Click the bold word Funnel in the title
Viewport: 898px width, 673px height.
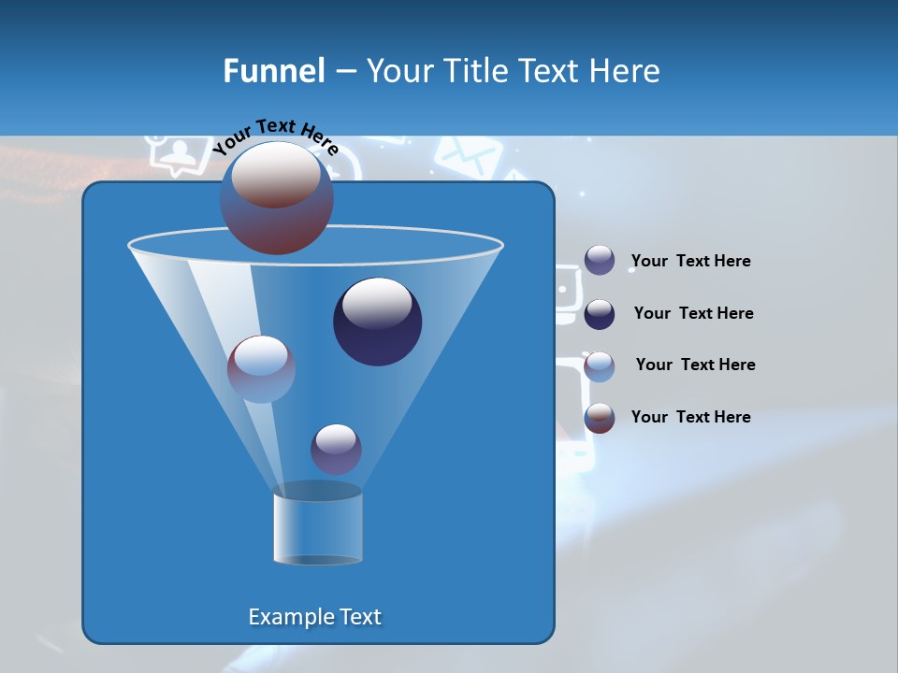coord(273,71)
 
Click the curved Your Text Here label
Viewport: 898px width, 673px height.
coord(275,136)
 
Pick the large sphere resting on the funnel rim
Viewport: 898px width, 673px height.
coord(277,198)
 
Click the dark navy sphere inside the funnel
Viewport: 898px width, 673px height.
coord(378,322)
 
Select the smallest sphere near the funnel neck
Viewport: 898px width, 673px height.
coord(336,449)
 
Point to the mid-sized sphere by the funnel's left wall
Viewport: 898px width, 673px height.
coord(261,369)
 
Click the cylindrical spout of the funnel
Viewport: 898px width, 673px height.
coord(318,528)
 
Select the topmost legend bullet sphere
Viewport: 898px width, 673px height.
coord(600,261)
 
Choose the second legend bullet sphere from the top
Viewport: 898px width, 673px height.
coord(600,314)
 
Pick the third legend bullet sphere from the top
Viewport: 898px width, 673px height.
coord(600,366)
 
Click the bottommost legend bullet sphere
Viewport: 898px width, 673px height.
coord(600,418)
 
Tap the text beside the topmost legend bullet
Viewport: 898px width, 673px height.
coord(690,262)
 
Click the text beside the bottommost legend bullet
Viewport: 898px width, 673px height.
coord(690,417)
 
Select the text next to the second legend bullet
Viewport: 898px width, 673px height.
coord(693,313)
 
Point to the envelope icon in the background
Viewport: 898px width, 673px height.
coord(463,156)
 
